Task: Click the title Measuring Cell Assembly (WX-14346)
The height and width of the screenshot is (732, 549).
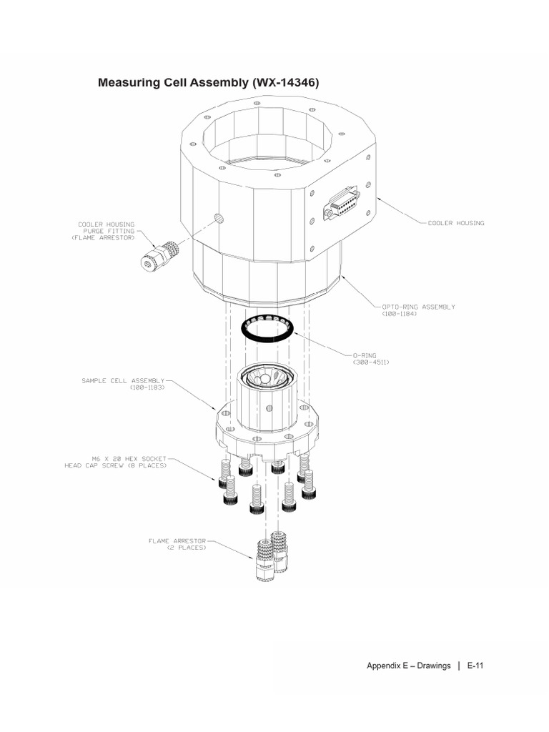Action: [x=208, y=83]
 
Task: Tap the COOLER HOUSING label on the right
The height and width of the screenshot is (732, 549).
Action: [x=456, y=223]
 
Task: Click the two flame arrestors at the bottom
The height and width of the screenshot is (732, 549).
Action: [x=272, y=558]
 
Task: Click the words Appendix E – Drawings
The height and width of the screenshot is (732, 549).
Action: [x=408, y=666]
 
